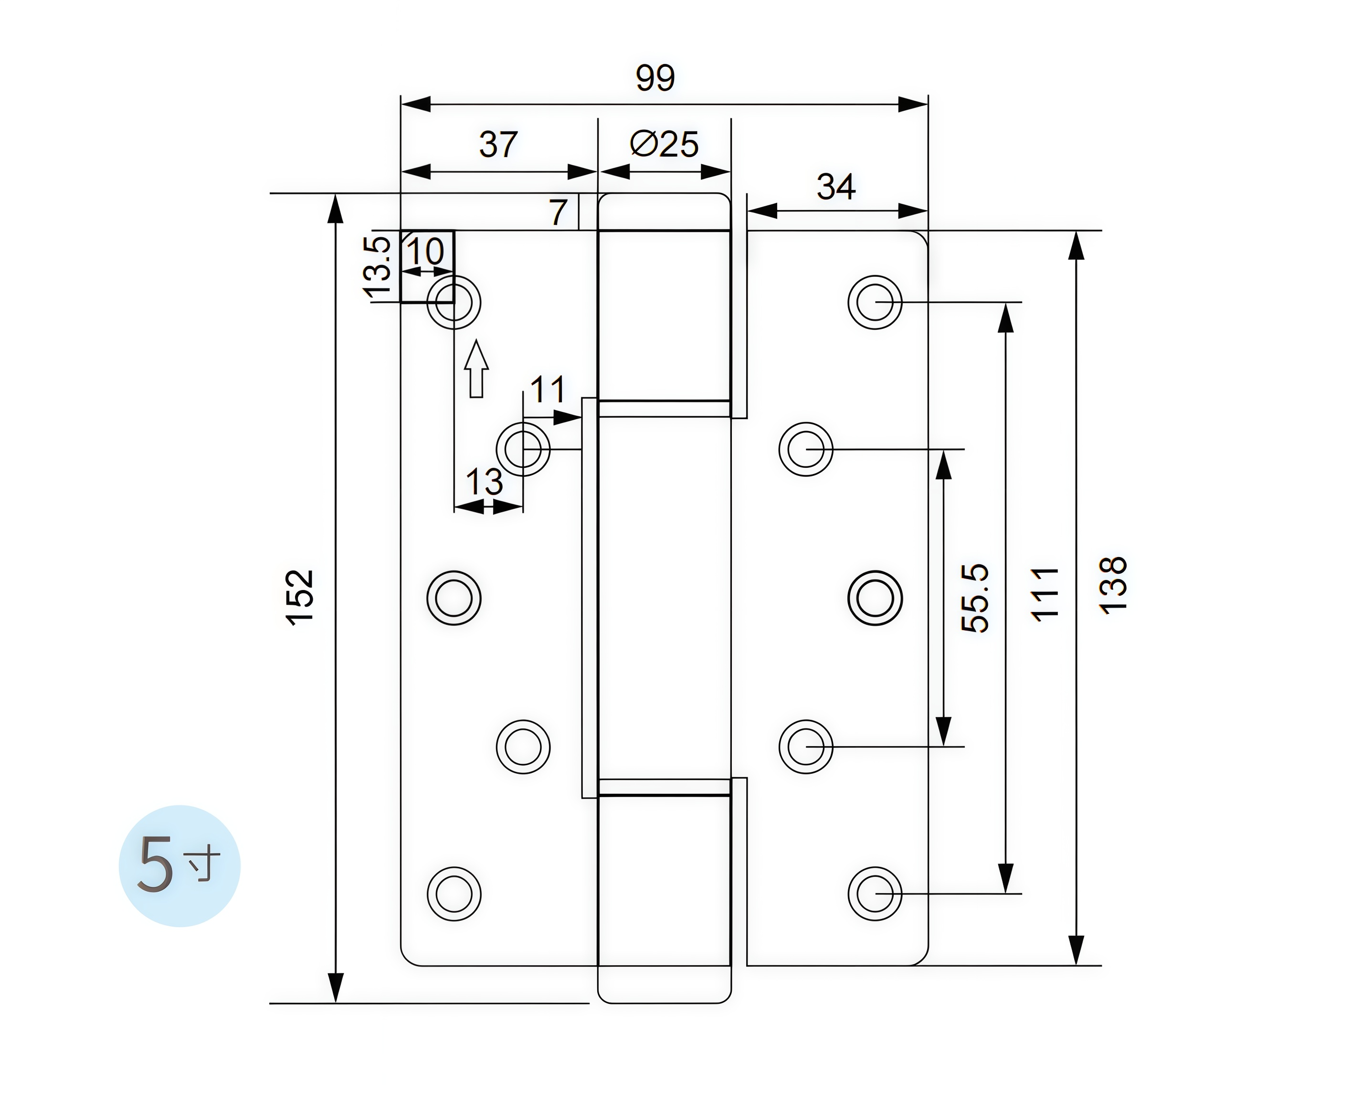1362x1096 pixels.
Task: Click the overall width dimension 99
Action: point(655,78)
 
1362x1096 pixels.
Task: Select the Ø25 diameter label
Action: point(664,145)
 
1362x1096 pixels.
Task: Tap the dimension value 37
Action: point(498,145)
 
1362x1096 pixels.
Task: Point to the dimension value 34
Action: point(836,187)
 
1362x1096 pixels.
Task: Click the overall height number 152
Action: point(301,598)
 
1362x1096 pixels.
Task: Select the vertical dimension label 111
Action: point(1044,594)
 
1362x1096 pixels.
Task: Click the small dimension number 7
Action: point(558,212)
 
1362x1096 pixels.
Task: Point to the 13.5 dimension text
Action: point(378,266)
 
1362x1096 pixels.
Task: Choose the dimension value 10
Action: point(426,252)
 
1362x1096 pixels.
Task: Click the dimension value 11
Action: point(547,390)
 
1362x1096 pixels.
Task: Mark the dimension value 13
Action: point(484,483)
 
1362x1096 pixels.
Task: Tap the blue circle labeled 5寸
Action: point(179,866)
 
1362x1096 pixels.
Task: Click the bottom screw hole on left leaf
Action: point(454,894)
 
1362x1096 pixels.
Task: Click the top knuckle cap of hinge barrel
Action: point(664,211)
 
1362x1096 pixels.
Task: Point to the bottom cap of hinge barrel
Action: point(664,983)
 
